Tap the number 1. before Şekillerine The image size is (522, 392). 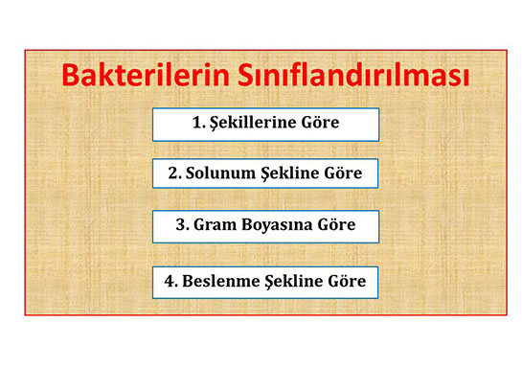tap(199, 124)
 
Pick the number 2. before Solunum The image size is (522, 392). tap(175, 173)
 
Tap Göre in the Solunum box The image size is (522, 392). tap(346, 173)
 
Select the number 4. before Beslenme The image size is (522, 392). tap(170, 282)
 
